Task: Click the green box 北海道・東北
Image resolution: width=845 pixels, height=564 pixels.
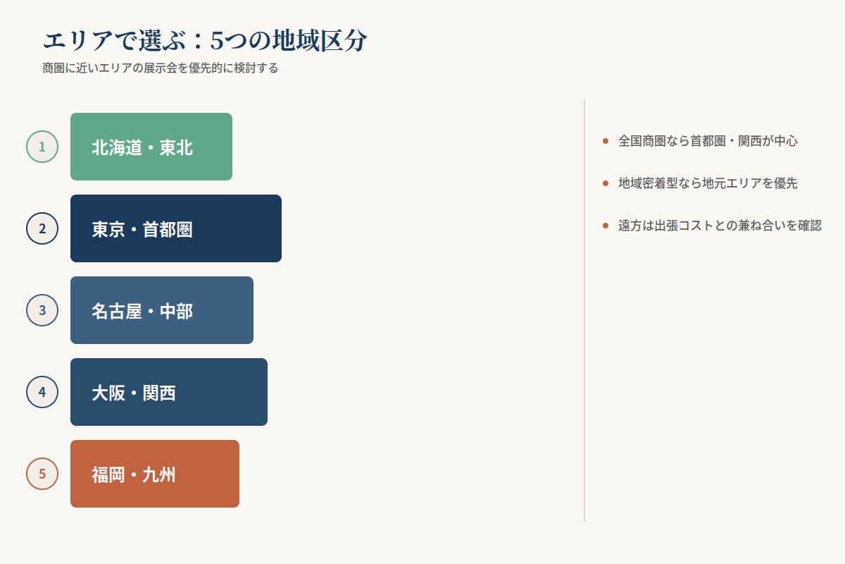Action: point(151,147)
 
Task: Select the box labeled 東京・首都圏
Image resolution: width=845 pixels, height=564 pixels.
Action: point(176,228)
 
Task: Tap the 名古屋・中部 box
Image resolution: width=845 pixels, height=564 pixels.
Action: point(162,310)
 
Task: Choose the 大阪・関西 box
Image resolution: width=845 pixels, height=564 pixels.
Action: point(169,392)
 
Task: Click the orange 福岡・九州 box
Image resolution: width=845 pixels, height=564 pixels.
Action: point(155,474)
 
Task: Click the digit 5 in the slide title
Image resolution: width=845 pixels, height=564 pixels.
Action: point(217,41)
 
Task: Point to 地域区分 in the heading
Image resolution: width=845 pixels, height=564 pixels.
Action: point(320,40)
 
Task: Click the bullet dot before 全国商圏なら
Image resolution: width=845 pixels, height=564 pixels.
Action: point(606,141)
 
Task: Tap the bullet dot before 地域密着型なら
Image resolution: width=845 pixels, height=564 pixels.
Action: point(606,183)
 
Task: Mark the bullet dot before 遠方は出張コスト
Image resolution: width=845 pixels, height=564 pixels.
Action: point(606,226)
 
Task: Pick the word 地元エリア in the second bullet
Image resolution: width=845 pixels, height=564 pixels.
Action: point(732,183)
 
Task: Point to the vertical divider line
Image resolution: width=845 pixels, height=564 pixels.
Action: point(584,310)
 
